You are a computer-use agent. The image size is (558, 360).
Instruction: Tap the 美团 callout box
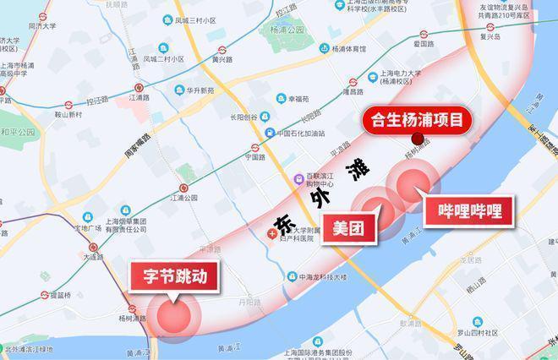[347, 227]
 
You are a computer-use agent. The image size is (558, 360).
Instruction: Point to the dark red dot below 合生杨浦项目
[417, 139]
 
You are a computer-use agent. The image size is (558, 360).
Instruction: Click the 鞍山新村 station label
[68, 113]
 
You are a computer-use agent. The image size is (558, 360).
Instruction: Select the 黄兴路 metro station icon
[222, 51]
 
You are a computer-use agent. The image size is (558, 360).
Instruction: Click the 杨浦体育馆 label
[348, 48]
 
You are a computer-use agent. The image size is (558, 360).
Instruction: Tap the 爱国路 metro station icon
[417, 33]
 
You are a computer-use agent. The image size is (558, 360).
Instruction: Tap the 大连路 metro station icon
[94, 249]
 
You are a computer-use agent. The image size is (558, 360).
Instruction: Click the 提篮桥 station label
[61, 296]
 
